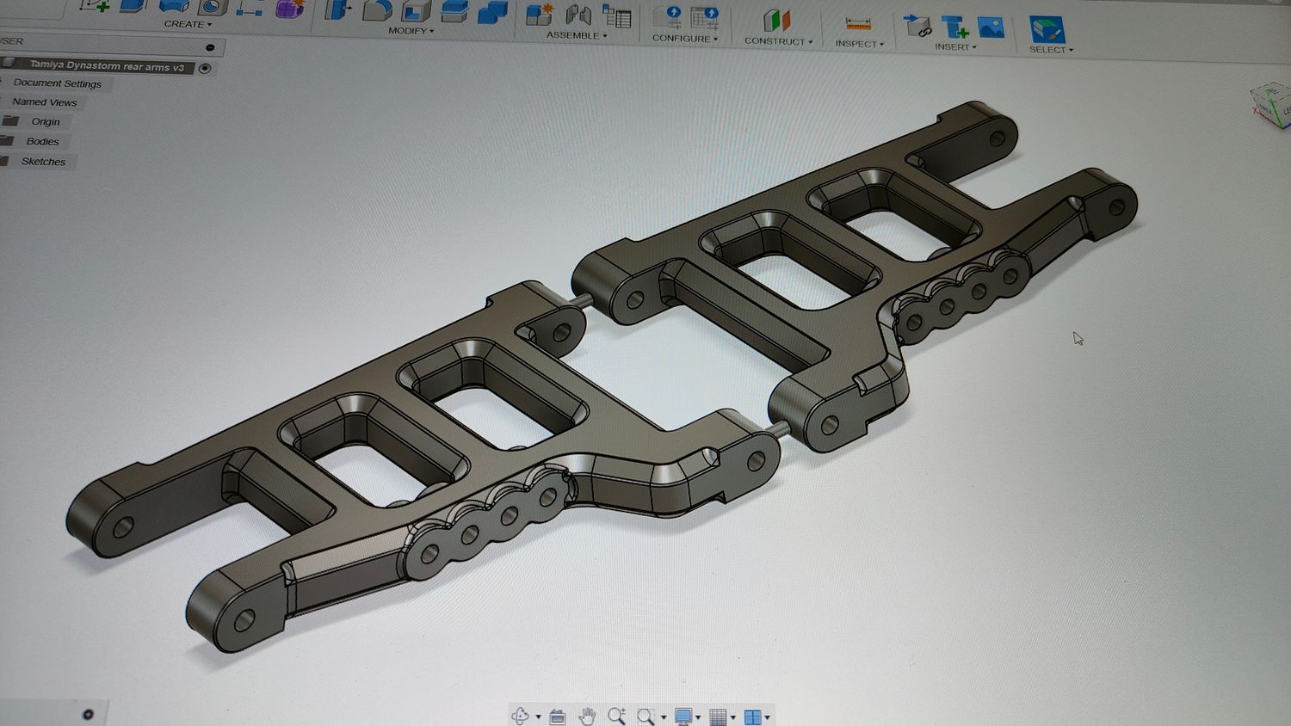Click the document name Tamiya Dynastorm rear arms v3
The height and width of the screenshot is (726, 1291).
(107, 66)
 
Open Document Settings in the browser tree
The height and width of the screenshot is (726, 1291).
(57, 83)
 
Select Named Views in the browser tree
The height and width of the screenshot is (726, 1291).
(45, 102)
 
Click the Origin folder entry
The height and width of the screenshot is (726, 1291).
(45, 122)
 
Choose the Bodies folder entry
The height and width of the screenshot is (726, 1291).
(42, 142)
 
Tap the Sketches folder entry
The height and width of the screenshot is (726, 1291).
(43, 162)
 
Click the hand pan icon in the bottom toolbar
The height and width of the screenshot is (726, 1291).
(587, 716)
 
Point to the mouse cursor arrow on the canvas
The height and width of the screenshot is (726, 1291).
(1077, 337)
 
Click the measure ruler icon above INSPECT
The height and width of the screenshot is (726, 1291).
(857, 24)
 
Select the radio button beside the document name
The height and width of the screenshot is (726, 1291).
(205, 69)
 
